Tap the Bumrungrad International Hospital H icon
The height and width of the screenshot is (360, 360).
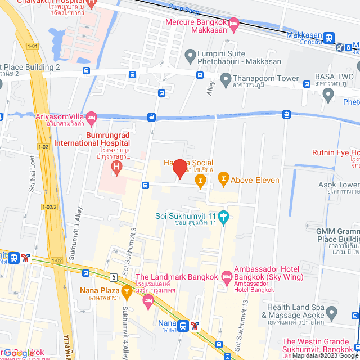[116, 167]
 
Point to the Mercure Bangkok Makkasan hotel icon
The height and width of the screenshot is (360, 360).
[234, 23]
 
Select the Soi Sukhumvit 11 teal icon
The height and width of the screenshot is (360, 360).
[223, 216]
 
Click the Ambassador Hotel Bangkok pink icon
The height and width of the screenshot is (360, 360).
[227, 276]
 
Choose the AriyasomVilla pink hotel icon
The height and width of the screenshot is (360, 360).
[92, 117]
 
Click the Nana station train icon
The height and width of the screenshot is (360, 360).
[183, 325]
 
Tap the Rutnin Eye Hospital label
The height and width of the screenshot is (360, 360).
[336, 152]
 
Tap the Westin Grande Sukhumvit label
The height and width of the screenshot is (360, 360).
[321, 341]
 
